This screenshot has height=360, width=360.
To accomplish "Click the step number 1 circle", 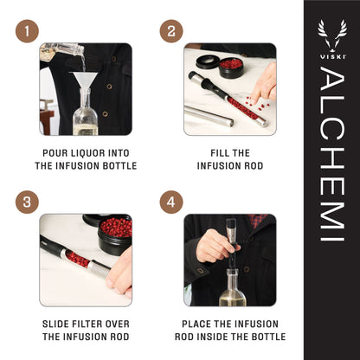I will [x=27, y=32].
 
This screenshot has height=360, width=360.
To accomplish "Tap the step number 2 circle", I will [x=171, y=32].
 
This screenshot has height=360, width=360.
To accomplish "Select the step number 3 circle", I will [x=27, y=202].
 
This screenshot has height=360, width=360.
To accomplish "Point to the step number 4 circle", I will [x=171, y=202].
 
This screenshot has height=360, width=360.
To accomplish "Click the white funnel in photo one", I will [x=84, y=82].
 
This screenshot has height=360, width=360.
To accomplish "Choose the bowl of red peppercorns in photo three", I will [x=115, y=228].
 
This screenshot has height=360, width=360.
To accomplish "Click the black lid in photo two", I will [x=208, y=61].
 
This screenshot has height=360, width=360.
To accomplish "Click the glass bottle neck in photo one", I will [x=83, y=102].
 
